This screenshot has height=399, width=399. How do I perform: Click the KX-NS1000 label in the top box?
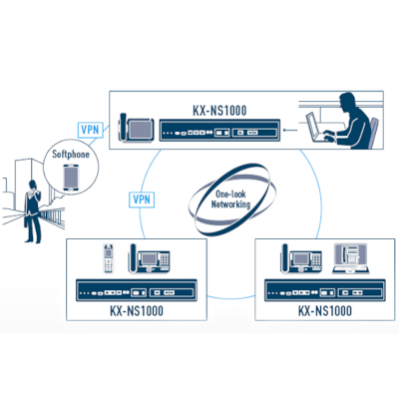[x=219, y=110]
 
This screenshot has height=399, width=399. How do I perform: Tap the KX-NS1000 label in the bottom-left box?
[x=137, y=311]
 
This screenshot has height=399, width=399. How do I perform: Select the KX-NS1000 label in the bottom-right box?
[x=325, y=311]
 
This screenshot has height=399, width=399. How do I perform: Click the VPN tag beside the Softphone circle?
[x=90, y=130]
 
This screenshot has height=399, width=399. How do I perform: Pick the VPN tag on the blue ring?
[x=142, y=199]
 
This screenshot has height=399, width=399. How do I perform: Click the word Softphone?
[x=71, y=154]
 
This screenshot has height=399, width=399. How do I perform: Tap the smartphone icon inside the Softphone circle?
[x=72, y=179]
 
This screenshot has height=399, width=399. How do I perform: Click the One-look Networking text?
[x=230, y=199]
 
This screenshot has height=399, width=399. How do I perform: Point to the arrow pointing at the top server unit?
[x=290, y=130]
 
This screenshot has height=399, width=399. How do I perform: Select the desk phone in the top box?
[x=137, y=129]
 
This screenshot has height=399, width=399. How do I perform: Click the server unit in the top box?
[x=219, y=130]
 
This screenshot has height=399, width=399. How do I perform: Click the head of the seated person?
[x=348, y=102]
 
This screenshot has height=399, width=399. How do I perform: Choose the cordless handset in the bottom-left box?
[x=108, y=258]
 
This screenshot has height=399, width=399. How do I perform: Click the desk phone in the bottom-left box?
[x=149, y=258]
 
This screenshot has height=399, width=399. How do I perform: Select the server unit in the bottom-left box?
[x=137, y=290]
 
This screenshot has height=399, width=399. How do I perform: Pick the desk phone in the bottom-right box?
[x=301, y=258]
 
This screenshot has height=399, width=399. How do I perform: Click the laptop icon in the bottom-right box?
[x=351, y=259]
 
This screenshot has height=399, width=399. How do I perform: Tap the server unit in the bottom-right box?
[x=325, y=290]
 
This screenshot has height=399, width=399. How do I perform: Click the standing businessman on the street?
[x=33, y=211]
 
